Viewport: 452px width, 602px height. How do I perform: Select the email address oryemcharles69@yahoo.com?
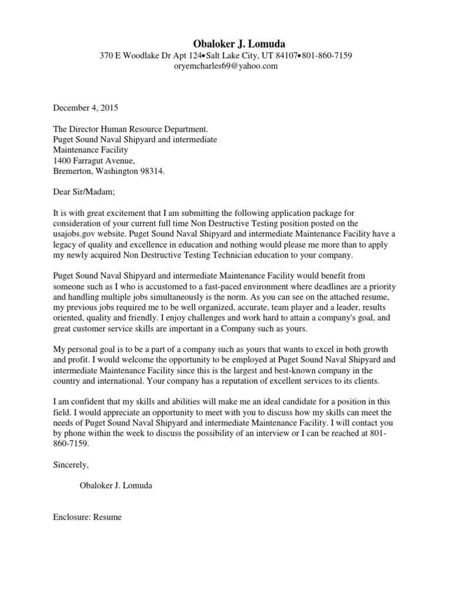pyautogui.click(x=225, y=66)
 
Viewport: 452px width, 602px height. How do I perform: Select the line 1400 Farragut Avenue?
pyautogui.click(x=94, y=160)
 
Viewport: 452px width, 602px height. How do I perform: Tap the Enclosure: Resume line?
pyautogui.click(x=88, y=517)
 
